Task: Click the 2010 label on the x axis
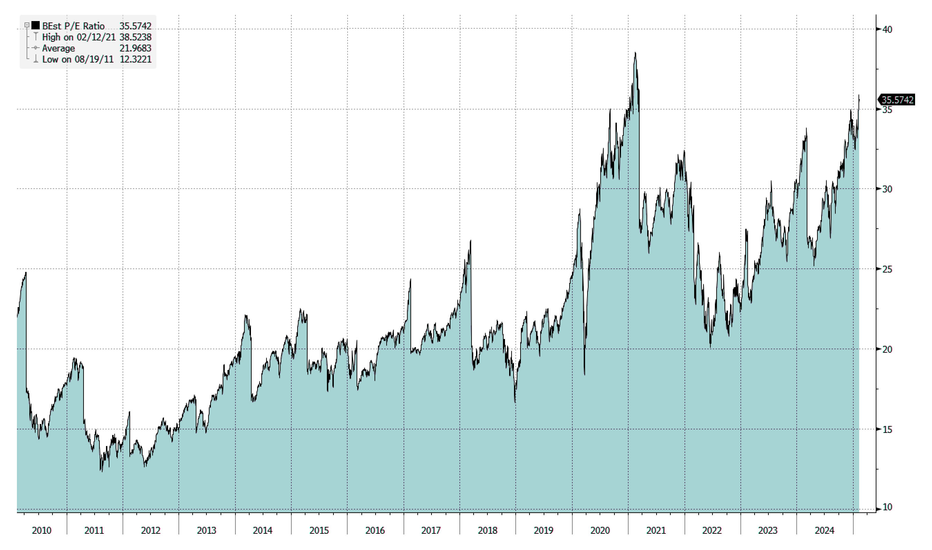click(41, 530)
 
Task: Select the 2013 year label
click(206, 530)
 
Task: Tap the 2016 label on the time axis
click(375, 530)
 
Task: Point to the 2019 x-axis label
click(543, 530)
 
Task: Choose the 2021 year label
click(656, 530)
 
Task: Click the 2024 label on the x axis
click(824, 530)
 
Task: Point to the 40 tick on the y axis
click(887, 29)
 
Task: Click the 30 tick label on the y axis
click(887, 189)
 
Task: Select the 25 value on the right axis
click(887, 269)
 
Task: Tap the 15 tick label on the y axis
click(887, 429)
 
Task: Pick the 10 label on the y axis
click(887, 507)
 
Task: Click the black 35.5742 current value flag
click(897, 100)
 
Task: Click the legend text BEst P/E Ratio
click(73, 26)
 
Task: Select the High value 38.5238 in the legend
click(135, 37)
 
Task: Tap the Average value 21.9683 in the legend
click(135, 48)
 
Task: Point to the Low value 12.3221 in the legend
click(135, 59)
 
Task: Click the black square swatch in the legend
click(36, 26)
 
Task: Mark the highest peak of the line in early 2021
click(635, 53)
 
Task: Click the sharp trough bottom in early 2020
click(584, 374)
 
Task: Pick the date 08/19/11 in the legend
click(94, 59)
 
